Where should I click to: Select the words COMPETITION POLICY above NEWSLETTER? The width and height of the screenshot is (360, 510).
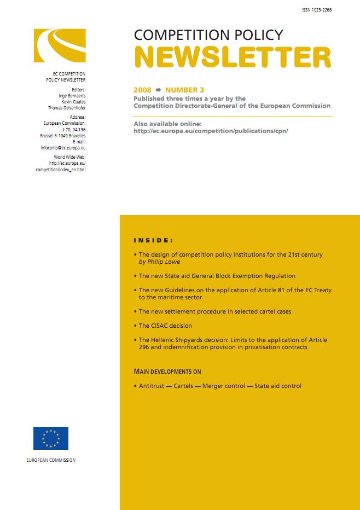tap(208, 35)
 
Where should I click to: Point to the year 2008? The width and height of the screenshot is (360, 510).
tap(142, 90)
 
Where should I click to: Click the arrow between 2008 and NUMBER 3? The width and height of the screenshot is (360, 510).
tap(158, 90)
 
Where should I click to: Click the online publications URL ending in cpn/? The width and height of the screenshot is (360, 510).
tap(211, 131)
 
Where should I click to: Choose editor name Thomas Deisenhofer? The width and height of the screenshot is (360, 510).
tap(67, 108)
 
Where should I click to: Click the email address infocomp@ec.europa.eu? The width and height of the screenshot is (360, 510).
tap(62, 148)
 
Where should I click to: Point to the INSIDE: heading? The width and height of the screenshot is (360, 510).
tap(153, 240)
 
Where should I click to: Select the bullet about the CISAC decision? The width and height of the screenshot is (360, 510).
tap(165, 326)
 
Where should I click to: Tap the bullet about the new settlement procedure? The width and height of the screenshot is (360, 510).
tap(214, 311)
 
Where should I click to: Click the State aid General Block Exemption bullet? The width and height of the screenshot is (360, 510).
tap(217, 276)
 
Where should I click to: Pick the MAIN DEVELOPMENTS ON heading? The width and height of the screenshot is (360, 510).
tap(167, 372)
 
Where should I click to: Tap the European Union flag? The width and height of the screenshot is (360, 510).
tap(51, 438)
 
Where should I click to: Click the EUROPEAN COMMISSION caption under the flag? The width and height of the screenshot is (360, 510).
tap(51, 460)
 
